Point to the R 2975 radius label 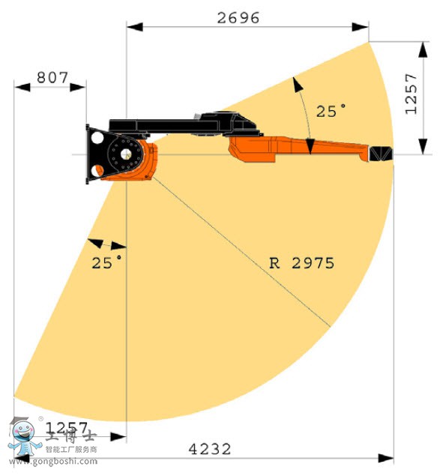tap(301, 263)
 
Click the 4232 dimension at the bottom tap(209, 448)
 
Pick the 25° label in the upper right tap(331, 111)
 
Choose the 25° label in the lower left tap(107, 262)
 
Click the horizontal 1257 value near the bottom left tap(70, 427)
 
